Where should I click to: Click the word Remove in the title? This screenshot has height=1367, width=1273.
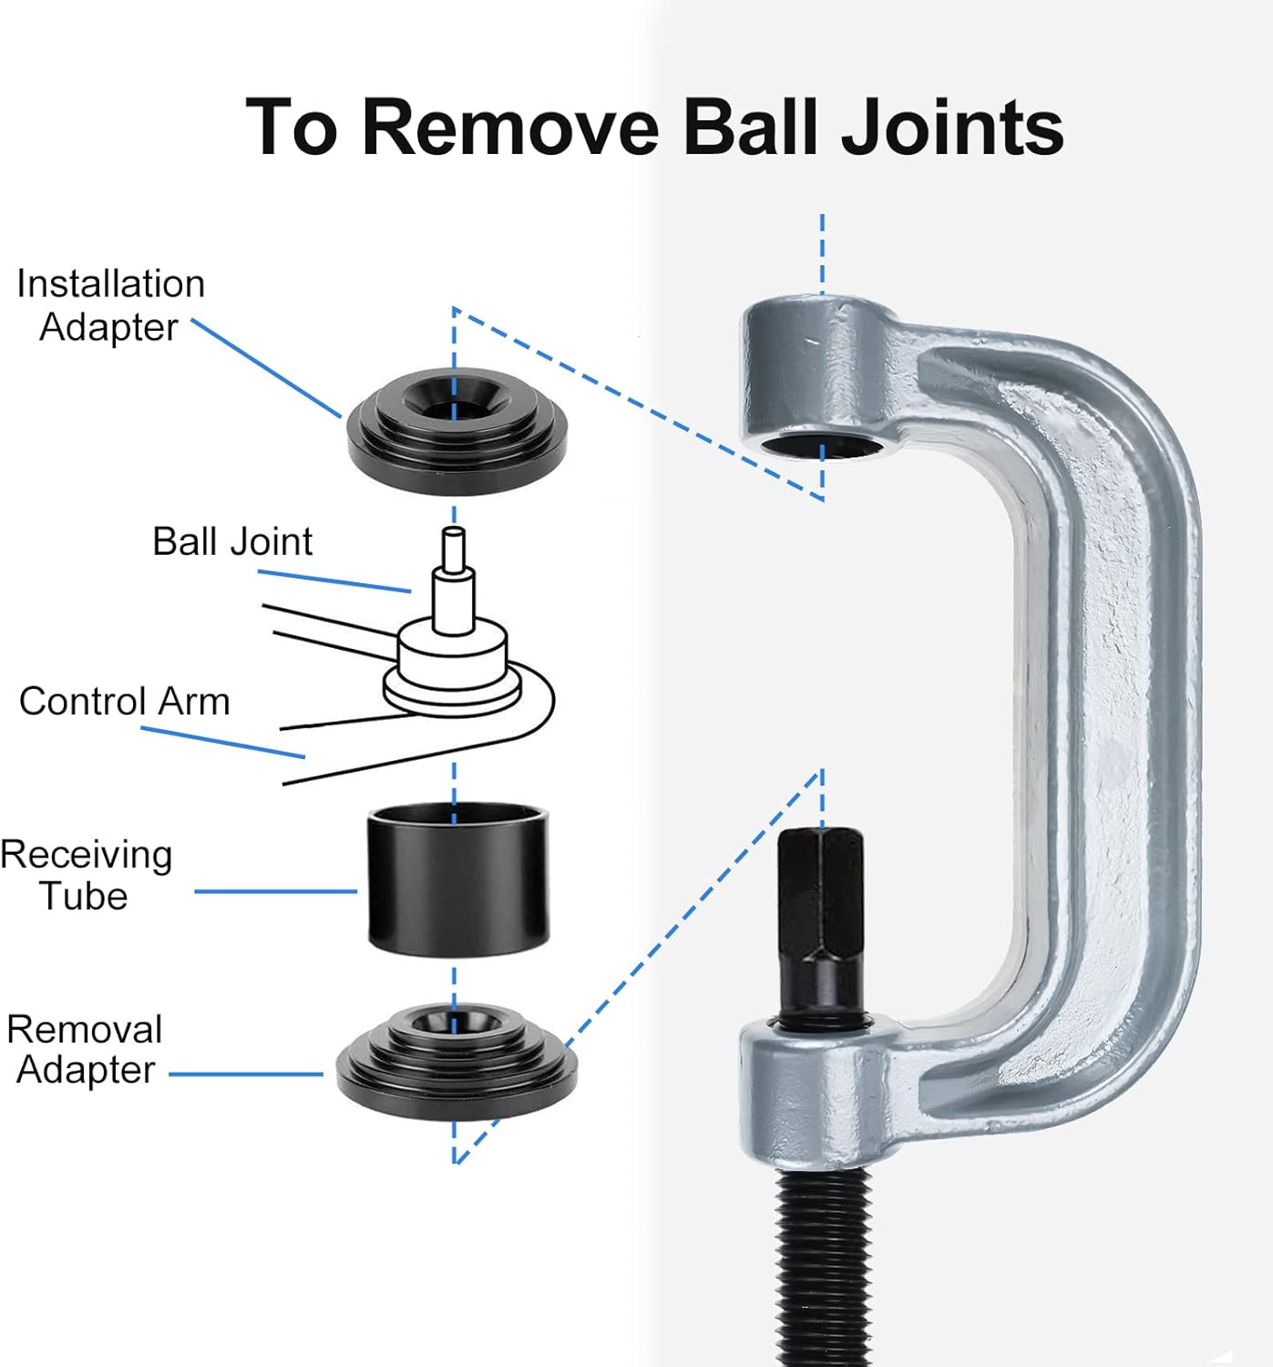pos(510,128)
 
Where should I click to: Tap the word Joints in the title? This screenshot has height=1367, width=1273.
pos(952,128)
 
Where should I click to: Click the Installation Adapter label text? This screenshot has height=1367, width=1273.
pos(110,305)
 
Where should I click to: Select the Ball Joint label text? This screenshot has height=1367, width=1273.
pos(231,541)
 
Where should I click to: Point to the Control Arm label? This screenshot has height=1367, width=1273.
pos(124,702)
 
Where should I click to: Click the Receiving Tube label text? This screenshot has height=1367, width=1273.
pos(87,875)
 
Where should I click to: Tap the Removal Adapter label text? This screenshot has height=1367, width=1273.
pos(85,1050)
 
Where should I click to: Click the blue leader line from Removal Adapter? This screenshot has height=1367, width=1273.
pos(246,1074)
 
